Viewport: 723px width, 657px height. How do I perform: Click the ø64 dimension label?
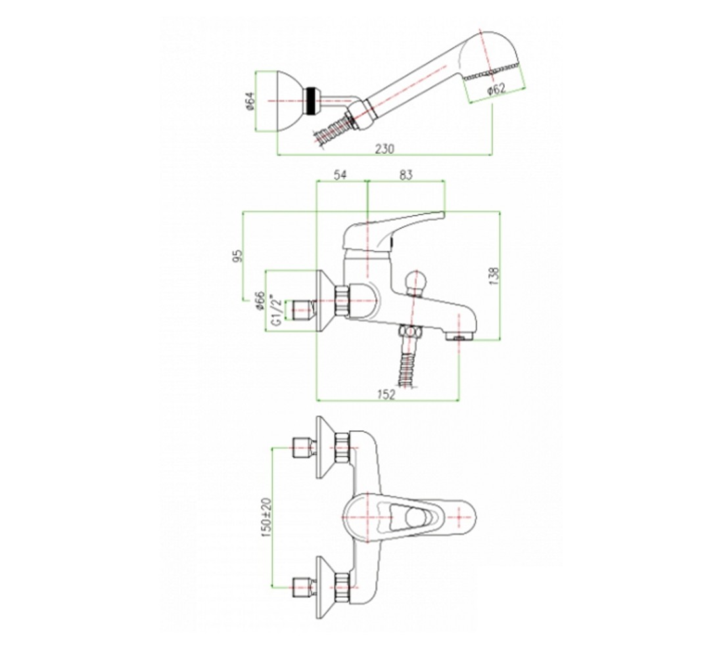pos(250,101)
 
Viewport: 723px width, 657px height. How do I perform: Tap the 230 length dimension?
pos(385,149)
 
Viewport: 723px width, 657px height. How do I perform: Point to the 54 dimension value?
pos(339,175)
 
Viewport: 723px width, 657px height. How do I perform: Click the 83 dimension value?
pos(406,175)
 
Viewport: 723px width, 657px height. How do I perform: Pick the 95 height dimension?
pos(237,256)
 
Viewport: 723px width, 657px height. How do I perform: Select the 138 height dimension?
pos(494,276)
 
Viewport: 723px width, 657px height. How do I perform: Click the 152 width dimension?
pos(386,395)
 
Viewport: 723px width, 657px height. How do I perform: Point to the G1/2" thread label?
pos(276,310)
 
